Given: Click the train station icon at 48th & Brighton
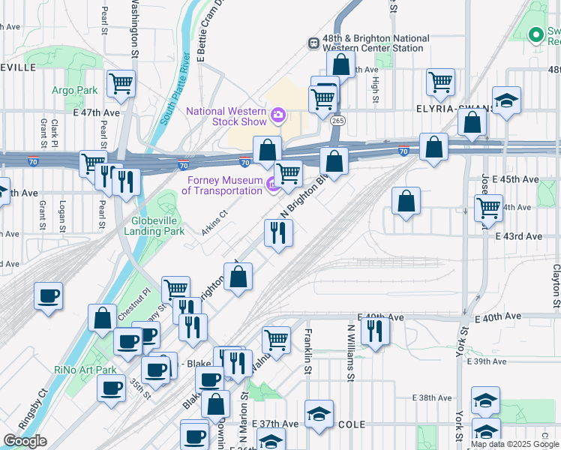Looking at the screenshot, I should click(x=313, y=43).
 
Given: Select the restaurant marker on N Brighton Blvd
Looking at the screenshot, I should click(x=278, y=233).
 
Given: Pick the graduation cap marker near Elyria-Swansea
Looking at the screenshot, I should click(x=507, y=100).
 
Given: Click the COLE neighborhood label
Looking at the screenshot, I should click(x=351, y=424).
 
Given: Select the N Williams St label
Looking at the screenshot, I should click(x=350, y=352).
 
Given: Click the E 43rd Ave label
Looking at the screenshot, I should click(x=518, y=236).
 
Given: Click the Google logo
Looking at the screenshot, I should click(x=25, y=441).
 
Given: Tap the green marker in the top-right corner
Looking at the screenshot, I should click(x=535, y=34).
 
